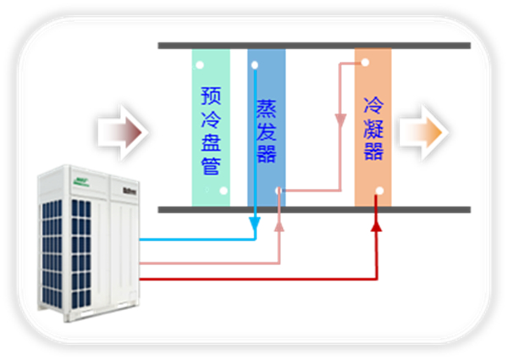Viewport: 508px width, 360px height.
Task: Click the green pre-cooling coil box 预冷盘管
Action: coord(210,127)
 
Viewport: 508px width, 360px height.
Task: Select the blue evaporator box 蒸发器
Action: coord(266,127)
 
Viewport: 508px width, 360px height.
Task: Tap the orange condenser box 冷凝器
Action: coord(373,127)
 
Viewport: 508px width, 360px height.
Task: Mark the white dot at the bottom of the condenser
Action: coord(380,191)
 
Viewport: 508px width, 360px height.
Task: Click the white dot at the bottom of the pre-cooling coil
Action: coord(223,191)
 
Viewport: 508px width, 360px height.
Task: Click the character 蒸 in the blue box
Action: coord(266,110)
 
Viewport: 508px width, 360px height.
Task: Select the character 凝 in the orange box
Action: coord(373,129)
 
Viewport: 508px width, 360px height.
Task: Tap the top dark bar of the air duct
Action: coord(313,45)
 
